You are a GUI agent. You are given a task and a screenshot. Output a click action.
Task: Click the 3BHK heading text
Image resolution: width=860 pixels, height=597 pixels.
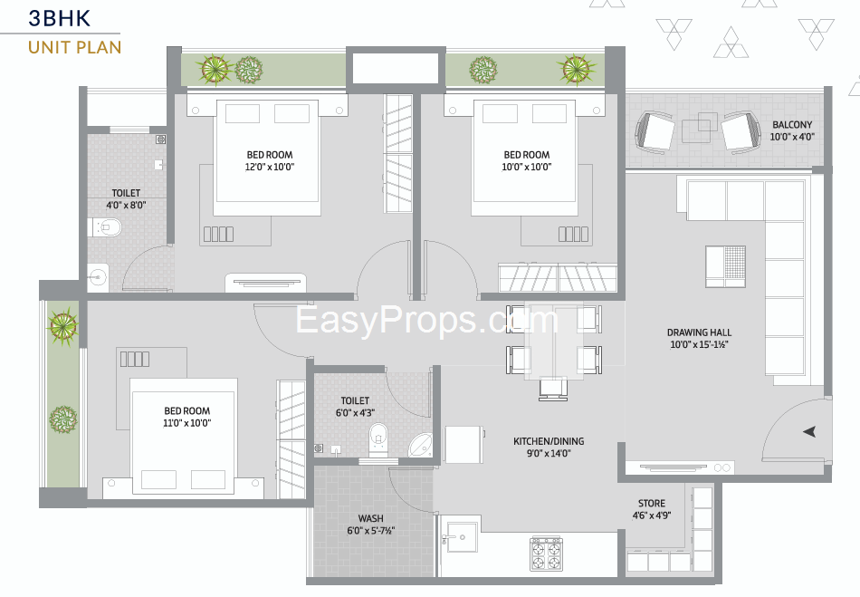pyautogui.click(x=59, y=18)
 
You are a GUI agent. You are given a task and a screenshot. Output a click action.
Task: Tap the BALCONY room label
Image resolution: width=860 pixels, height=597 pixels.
pyautogui.click(x=792, y=125)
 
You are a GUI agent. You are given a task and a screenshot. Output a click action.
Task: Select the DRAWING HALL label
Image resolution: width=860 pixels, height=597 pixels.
pyautogui.click(x=699, y=332)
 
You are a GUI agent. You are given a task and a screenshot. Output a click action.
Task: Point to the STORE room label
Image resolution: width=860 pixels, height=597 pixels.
pyautogui.click(x=652, y=503)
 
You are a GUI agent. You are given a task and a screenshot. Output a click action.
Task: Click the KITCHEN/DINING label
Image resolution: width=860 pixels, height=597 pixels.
pyautogui.click(x=549, y=441)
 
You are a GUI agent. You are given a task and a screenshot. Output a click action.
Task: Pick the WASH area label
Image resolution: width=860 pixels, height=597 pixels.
pyautogui.click(x=371, y=518)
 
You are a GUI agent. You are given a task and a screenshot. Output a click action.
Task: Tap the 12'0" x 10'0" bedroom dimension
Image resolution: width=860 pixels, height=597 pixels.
pyautogui.click(x=269, y=167)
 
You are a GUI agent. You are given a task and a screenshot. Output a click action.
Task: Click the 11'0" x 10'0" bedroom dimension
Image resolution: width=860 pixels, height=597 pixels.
pyautogui.click(x=187, y=423)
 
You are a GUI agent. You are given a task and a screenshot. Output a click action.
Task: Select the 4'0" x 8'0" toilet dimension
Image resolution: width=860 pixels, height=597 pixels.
pyautogui.click(x=126, y=206)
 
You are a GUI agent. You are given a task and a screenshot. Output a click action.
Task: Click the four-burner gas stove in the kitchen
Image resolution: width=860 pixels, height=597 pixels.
pyautogui.click(x=546, y=554)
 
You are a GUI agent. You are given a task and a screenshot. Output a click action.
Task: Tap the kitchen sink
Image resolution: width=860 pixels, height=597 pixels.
pyautogui.click(x=459, y=536)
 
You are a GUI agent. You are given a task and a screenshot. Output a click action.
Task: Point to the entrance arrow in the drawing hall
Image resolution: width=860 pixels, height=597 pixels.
pyautogui.click(x=809, y=432)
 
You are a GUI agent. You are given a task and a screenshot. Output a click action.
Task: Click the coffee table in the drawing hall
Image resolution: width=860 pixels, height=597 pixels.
pyautogui.click(x=725, y=266)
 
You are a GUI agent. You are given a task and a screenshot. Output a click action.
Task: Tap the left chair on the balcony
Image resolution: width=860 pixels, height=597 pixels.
pyautogui.click(x=655, y=131)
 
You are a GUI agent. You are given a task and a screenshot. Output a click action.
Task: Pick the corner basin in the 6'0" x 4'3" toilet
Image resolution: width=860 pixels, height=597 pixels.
pyautogui.click(x=421, y=445)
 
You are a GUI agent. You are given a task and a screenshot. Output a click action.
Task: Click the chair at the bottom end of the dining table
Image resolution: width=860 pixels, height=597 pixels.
pyautogui.click(x=553, y=389)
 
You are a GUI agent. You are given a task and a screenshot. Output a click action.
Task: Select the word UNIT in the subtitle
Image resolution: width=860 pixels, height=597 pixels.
pyautogui.click(x=46, y=48)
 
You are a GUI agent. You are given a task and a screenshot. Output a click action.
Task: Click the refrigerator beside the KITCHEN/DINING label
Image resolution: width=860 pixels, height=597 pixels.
pyautogui.click(x=464, y=445)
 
